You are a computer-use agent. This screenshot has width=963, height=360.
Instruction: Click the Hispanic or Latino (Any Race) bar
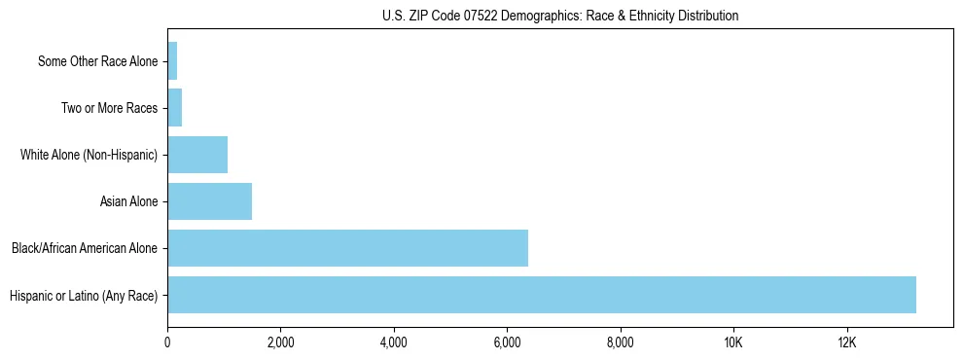pyautogui.click(x=542, y=295)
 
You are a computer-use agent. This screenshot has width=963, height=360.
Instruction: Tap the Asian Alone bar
pyautogui.click(x=209, y=201)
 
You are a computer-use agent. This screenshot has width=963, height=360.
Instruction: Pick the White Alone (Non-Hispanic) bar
pyautogui.click(x=197, y=155)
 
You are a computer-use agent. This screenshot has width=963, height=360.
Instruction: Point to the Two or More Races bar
pyautogui.click(x=175, y=108)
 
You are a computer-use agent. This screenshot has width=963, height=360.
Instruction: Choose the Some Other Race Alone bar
pyautogui.click(x=172, y=61)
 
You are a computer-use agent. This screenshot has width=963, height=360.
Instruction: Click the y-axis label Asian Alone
pyautogui.click(x=128, y=202)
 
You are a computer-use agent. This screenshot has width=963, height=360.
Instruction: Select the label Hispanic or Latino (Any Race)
pyautogui.click(x=84, y=296)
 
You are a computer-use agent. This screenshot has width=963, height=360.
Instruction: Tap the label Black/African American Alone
pyautogui.click(x=85, y=249)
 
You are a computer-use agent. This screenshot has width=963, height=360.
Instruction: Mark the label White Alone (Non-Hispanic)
pyautogui.click(x=89, y=156)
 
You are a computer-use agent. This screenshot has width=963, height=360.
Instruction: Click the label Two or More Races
pyautogui.click(x=109, y=109)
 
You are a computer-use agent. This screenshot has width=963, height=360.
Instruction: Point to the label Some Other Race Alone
pyautogui.click(x=97, y=62)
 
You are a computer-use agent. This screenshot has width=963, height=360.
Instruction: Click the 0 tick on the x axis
pyautogui.click(x=167, y=342)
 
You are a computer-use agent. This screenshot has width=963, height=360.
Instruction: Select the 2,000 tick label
pyautogui.click(x=280, y=342)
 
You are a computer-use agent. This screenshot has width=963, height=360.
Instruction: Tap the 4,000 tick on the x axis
pyautogui.click(x=394, y=342)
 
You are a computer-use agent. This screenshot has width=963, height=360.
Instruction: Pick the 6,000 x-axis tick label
pyautogui.click(x=507, y=342)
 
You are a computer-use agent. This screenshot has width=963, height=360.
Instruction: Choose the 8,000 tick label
pyautogui.click(x=620, y=342)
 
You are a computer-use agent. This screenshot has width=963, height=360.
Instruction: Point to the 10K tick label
pyautogui.click(x=733, y=342)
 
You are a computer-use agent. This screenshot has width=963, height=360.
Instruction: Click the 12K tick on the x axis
pyautogui.click(x=846, y=342)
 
